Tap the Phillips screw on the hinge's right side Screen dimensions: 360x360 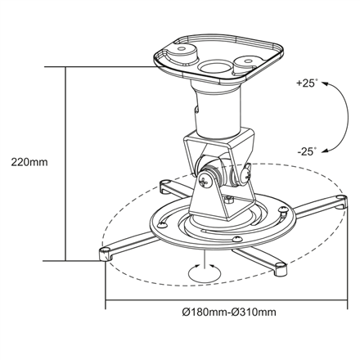tap(245, 173)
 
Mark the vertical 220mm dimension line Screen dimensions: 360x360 tap(65, 164)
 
